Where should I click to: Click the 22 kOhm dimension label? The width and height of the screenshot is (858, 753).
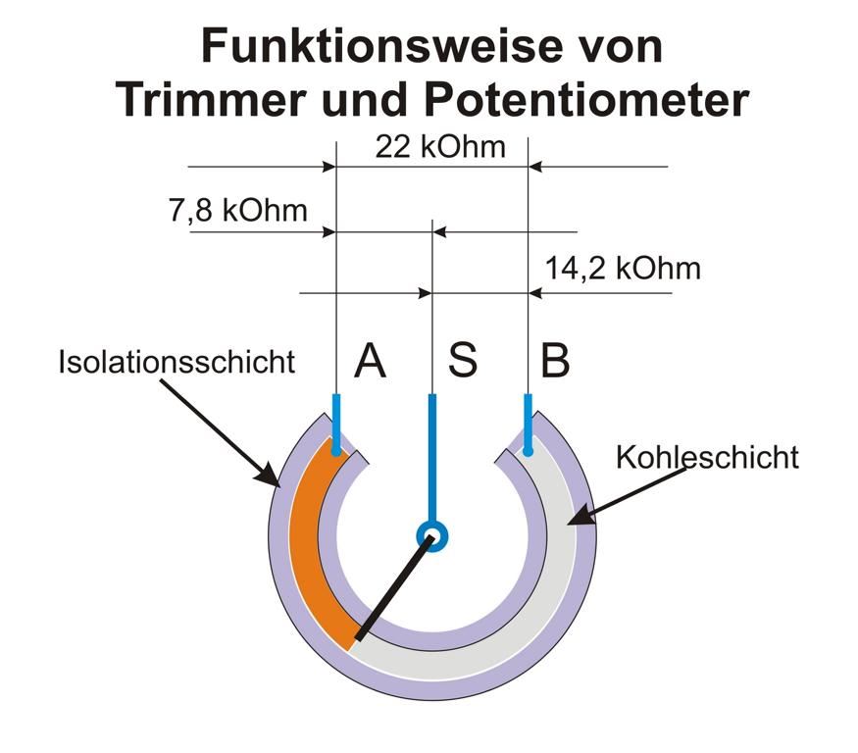coord(440,147)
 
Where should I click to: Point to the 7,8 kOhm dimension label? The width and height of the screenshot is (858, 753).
coord(236,210)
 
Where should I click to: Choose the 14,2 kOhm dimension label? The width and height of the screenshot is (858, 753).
coord(623,269)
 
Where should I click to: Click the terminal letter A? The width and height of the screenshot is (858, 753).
coord(370,361)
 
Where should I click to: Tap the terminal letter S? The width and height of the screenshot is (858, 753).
coord(463,361)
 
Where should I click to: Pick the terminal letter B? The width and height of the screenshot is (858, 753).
coord(554,361)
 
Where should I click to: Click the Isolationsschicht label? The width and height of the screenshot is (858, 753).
coord(177,361)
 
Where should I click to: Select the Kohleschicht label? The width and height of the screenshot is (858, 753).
coord(707,457)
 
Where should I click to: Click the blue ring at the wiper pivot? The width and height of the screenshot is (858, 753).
coord(431,535)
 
